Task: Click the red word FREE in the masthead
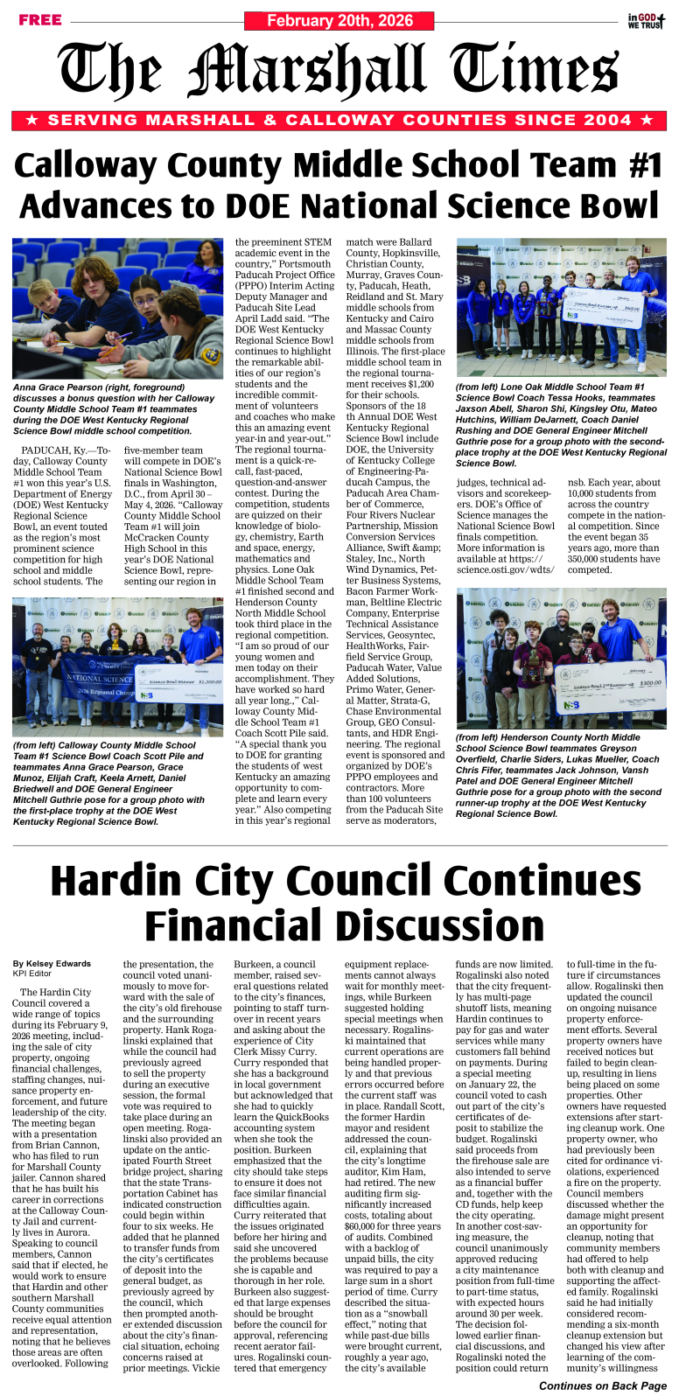pyautogui.click(x=39, y=20)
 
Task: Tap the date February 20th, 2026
pyautogui.click(x=339, y=21)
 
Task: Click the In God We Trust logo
pyautogui.click(x=646, y=21)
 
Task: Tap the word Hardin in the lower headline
pyautogui.click(x=130, y=881)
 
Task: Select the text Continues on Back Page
pyautogui.click(x=602, y=1386)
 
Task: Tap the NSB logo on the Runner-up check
pyautogui.click(x=570, y=705)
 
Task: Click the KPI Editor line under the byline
pyautogui.click(x=34, y=973)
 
